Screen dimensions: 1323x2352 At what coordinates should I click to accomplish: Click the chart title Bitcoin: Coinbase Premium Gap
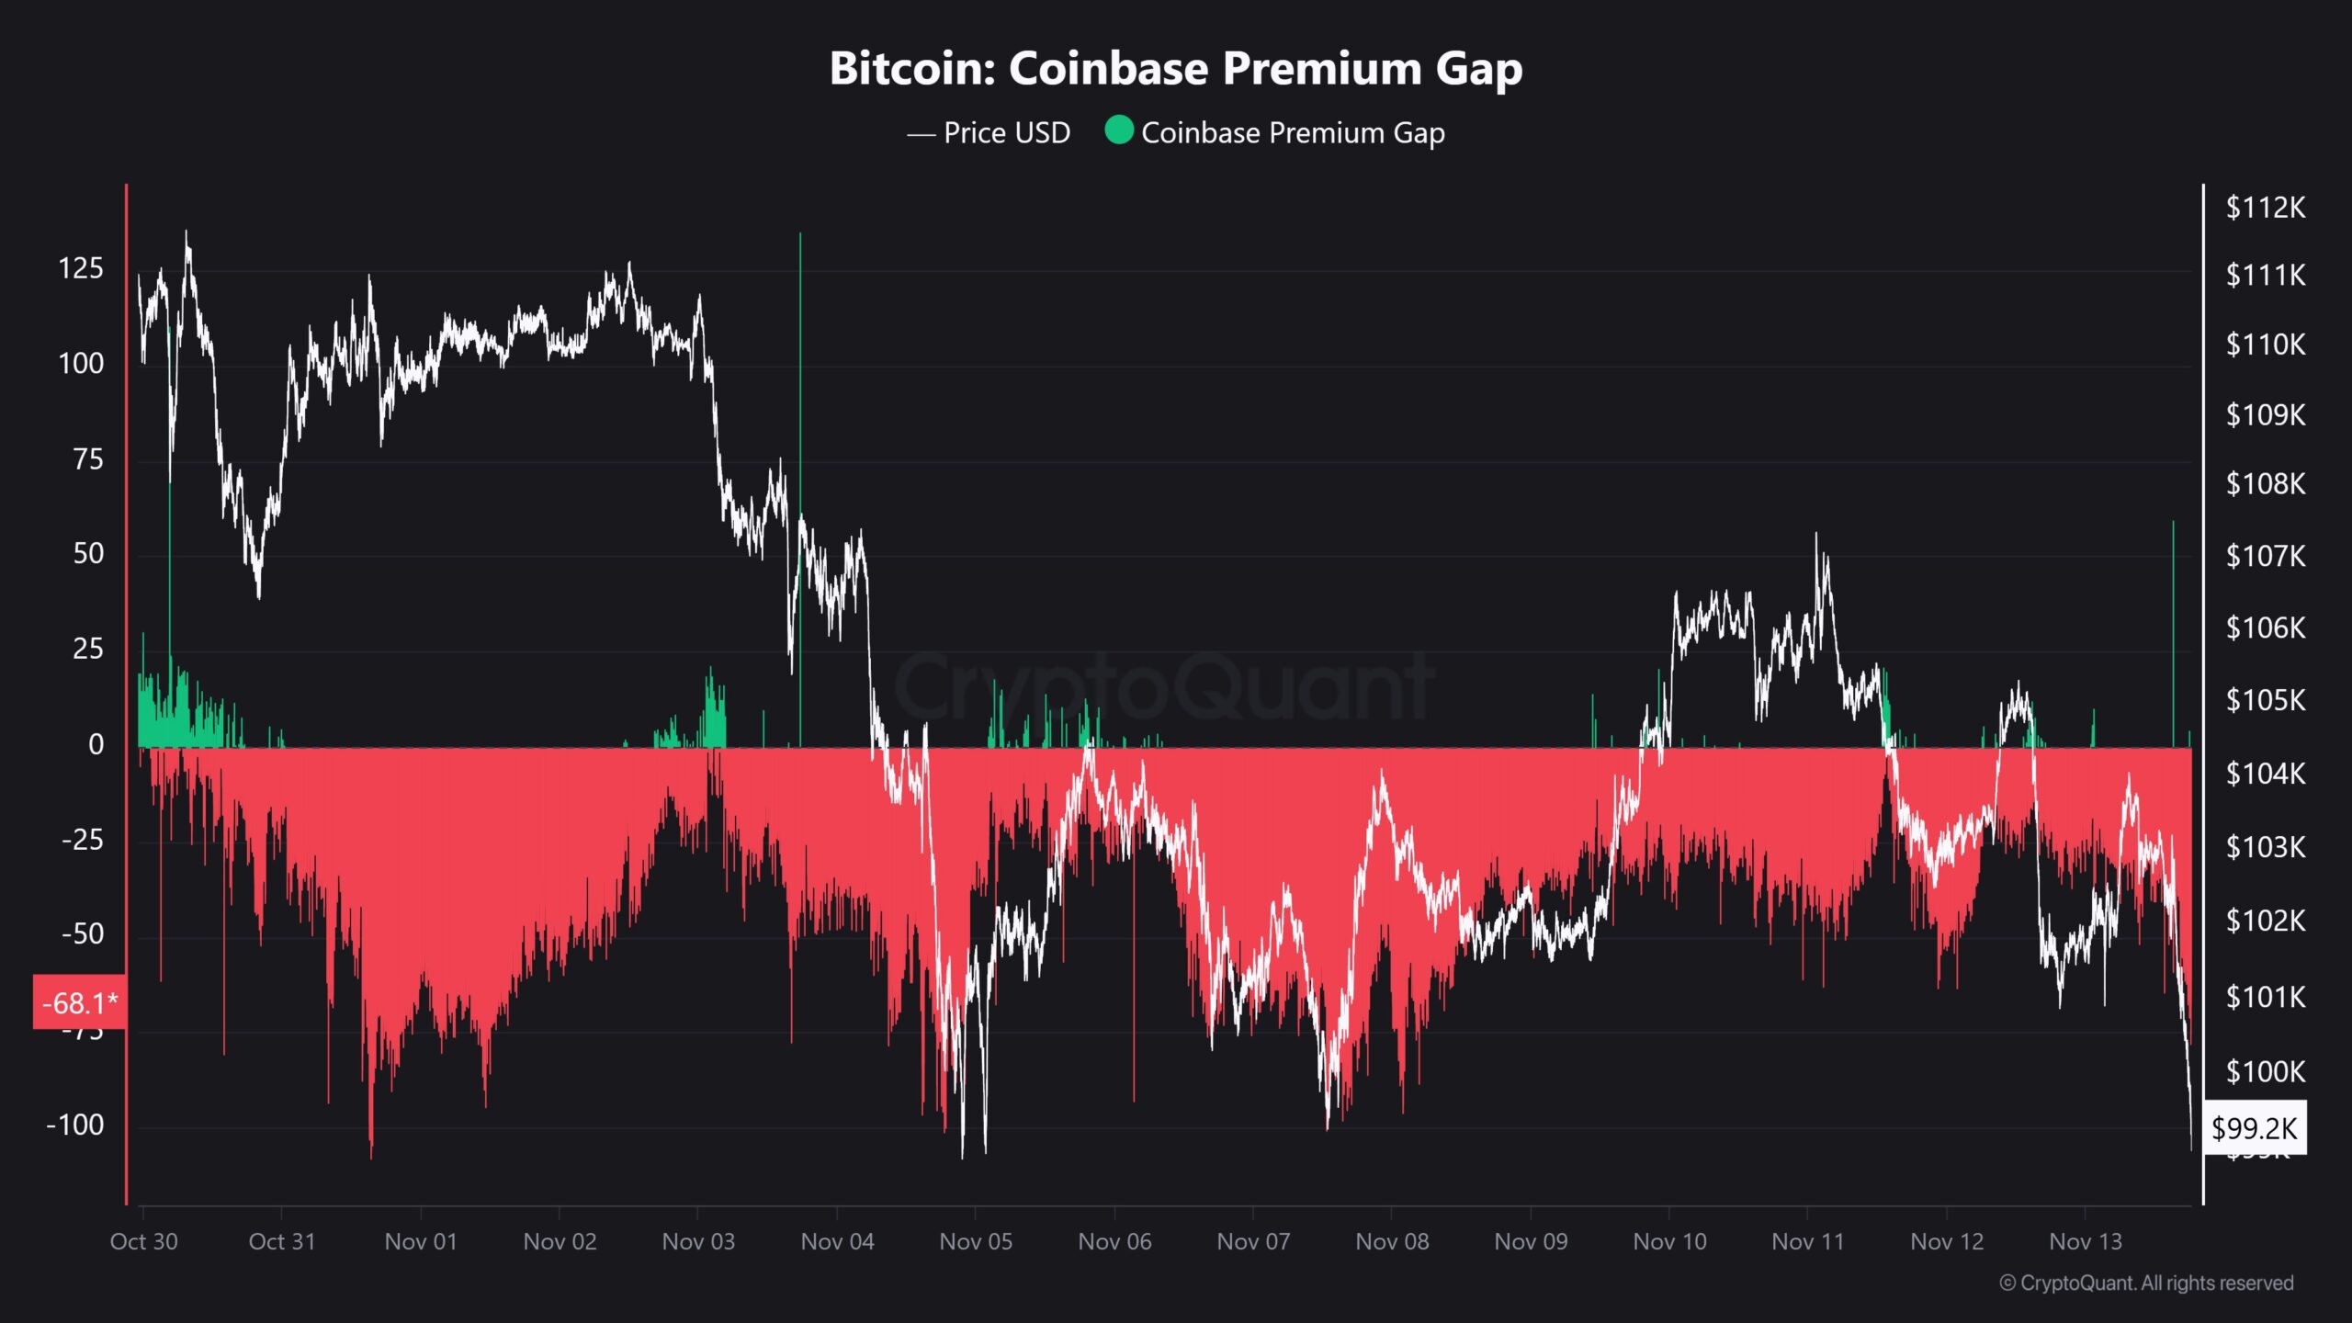(x=1176, y=68)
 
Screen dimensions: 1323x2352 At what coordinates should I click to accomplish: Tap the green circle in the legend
(x=1118, y=130)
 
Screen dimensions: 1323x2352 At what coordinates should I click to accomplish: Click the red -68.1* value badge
(x=80, y=1002)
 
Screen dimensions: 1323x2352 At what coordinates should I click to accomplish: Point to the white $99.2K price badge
(x=2254, y=1127)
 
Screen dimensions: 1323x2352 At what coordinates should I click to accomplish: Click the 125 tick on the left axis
(x=81, y=268)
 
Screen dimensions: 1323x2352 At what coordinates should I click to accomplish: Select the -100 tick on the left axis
(x=75, y=1125)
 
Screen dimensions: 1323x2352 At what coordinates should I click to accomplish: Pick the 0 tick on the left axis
(x=96, y=744)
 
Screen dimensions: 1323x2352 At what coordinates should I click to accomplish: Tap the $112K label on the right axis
(x=2265, y=208)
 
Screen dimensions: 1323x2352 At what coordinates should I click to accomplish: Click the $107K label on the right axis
(x=2265, y=556)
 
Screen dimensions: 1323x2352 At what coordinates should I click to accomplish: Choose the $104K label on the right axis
(x=2265, y=774)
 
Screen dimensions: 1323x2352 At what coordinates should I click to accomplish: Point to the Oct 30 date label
(x=143, y=1241)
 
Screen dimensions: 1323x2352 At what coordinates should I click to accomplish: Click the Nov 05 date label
(x=976, y=1241)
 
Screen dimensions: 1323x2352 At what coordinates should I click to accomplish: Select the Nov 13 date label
(x=2086, y=1241)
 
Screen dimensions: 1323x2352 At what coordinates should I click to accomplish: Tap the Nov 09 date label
(x=1531, y=1241)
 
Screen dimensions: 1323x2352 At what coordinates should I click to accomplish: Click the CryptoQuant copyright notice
(x=2146, y=1283)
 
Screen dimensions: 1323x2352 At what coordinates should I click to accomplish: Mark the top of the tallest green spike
(x=800, y=235)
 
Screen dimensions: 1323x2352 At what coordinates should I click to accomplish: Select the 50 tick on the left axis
(x=88, y=553)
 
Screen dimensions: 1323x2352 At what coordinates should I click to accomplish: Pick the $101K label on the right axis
(x=2265, y=996)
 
